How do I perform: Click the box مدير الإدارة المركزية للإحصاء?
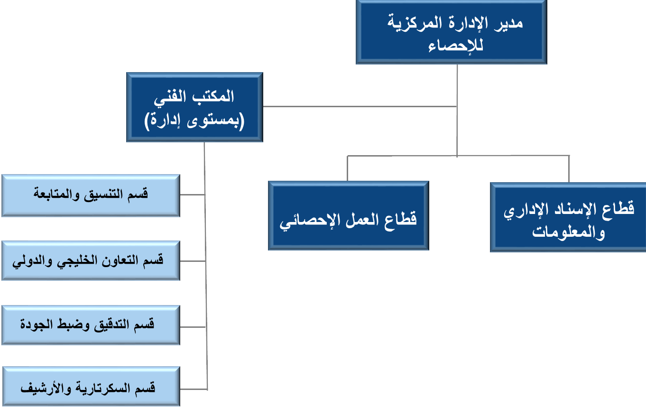[x=452, y=32]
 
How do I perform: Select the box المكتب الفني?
[x=194, y=107]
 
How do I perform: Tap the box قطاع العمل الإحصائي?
[x=349, y=215]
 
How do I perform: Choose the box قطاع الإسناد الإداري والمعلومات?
[x=568, y=217]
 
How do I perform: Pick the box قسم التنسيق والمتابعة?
[x=91, y=195]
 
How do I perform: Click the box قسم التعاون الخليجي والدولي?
[x=91, y=260]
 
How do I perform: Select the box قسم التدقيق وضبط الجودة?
[x=91, y=325]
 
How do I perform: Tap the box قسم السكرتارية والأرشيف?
[x=91, y=386]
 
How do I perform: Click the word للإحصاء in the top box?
[x=456, y=46]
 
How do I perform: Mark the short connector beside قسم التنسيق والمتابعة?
[x=192, y=195]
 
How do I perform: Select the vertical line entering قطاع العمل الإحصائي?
[x=348, y=168]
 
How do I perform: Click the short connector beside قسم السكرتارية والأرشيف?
[x=194, y=389]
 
